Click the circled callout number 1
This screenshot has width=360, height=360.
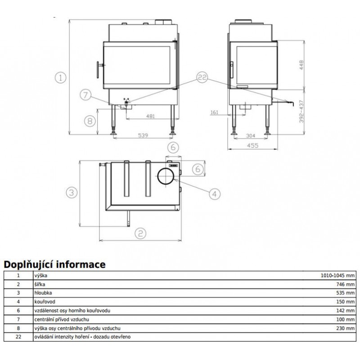(x=61, y=77)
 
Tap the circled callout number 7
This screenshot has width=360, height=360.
(x=85, y=95)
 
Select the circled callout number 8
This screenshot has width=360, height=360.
(x=90, y=121)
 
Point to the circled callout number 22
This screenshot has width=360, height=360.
(x=202, y=77)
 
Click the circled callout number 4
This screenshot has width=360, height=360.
(x=215, y=194)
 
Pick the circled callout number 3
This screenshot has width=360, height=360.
(x=72, y=193)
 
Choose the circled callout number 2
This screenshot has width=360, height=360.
(x=140, y=233)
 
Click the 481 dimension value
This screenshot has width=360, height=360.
(x=151, y=116)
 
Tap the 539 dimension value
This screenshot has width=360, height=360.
(x=143, y=135)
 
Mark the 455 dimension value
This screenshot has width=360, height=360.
(x=252, y=145)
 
